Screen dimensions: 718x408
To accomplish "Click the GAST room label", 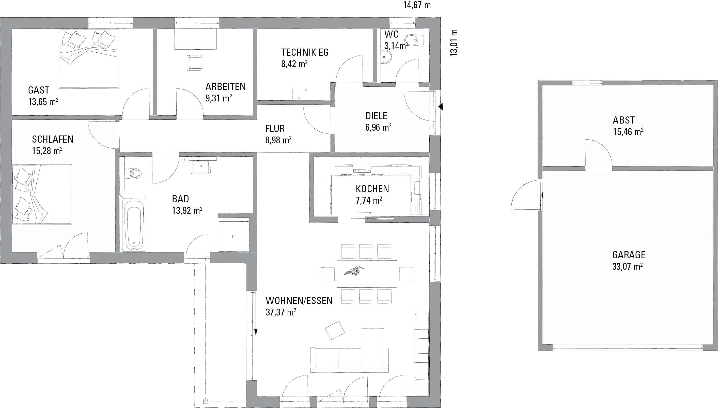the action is coord(39,90).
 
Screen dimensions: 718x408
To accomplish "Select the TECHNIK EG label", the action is coord(305,52).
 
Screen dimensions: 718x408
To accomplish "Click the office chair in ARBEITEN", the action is coord(194,63).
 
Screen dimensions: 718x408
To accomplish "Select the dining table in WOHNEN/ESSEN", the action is coord(367,274).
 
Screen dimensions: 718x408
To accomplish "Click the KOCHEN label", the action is coord(372,189).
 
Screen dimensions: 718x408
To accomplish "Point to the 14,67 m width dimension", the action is coord(417,5).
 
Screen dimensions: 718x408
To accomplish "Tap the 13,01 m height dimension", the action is coord(454,43).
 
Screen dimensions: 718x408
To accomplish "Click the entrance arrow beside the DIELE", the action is coord(441,107).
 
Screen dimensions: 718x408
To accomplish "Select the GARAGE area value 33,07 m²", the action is coord(627,266).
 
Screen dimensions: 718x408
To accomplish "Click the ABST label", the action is coord(624,120).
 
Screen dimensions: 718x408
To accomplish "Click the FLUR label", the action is coord(275,129).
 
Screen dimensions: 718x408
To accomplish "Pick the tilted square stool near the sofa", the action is coord(335,330).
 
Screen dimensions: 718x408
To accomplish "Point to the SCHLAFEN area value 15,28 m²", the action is coord(47,151).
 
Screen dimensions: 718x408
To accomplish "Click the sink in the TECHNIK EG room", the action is coord(299,94).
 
